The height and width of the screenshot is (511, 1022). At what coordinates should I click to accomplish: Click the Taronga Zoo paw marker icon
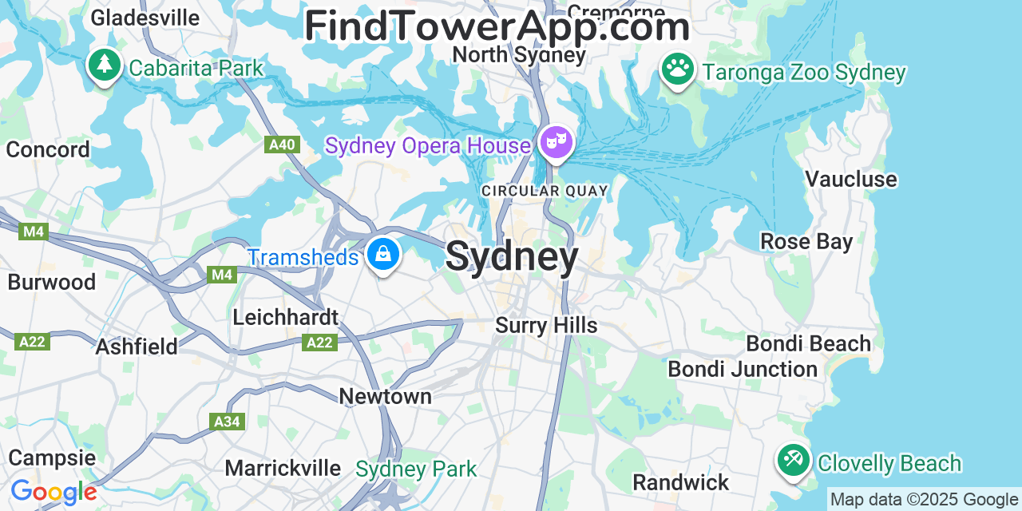678,69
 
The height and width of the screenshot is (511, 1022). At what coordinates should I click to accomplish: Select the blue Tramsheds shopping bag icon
383,255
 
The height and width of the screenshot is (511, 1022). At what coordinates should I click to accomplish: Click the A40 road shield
282,145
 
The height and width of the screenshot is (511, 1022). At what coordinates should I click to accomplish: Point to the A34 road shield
227,421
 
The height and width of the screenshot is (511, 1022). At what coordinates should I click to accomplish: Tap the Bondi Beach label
808,344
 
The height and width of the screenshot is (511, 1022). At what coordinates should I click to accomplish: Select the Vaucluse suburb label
850,179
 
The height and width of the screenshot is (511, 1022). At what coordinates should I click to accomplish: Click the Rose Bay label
806,241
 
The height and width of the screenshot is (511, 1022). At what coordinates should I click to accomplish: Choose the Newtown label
385,396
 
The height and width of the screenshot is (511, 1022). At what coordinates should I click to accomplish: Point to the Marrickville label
283,468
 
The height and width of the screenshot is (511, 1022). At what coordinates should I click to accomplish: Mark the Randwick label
681,482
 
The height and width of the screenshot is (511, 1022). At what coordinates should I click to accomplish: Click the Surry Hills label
546,325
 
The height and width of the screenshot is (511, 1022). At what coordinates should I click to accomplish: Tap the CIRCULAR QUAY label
545,191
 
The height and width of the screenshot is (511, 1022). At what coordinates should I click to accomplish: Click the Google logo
53,492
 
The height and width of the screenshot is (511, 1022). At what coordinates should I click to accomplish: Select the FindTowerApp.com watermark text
497,26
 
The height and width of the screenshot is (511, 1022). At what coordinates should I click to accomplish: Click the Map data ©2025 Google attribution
924,500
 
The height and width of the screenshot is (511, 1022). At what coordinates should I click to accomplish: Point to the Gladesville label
145,18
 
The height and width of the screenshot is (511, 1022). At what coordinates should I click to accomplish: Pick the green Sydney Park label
416,469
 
